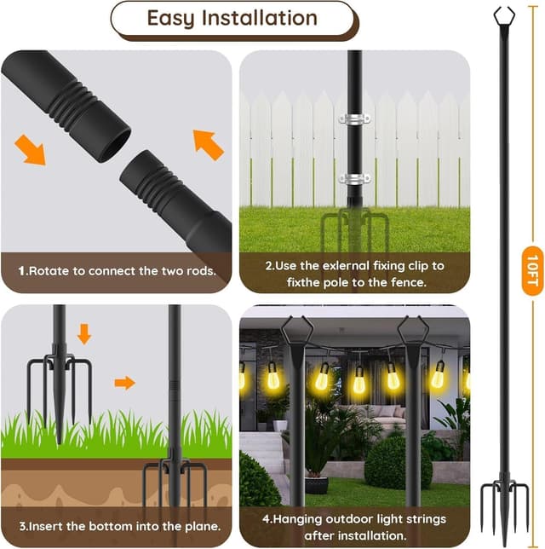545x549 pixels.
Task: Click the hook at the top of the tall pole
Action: [x=504, y=14]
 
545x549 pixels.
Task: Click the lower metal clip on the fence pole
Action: [x=354, y=178]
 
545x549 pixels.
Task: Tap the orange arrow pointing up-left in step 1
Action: [x=208, y=143]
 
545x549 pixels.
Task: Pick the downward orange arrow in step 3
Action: [x=83, y=333]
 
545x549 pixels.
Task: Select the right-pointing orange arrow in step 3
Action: [x=124, y=383]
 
